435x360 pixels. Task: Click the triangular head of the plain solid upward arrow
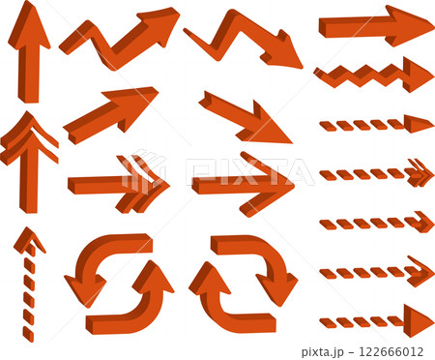click(29, 27)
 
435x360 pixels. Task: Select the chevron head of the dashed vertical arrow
click(29, 240)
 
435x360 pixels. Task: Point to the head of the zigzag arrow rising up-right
click(158, 26)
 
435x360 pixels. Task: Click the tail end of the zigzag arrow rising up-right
click(65, 47)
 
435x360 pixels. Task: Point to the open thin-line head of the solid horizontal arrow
click(269, 184)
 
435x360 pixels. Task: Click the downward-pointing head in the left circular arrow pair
click(85, 288)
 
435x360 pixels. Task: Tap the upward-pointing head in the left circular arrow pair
click(153, 278)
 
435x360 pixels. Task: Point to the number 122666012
click(391, 351)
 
